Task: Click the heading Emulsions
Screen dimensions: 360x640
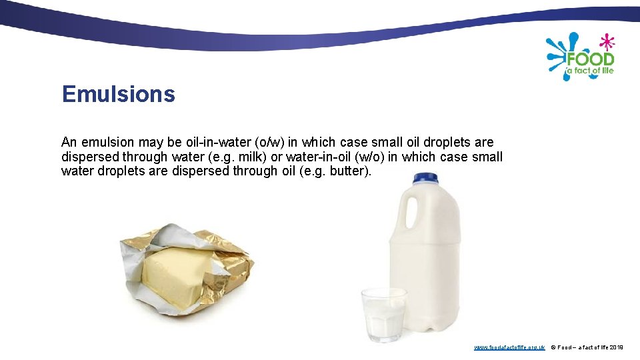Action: pyautogui.click(x=118, y=94)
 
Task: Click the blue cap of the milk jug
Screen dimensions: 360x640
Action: pyautogui.click(x=425, y=178)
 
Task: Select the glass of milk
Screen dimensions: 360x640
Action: pyautogui.click(x=383, y=313)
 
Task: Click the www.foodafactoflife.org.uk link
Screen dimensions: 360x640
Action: pyautogui.click(x=509, y=347)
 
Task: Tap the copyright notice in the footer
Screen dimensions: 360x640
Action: pyautogui.click(x=587, y=347)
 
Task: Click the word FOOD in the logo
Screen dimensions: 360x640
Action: pyautogui.click(x=590, y=59)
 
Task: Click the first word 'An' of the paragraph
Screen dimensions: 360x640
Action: pyautogui.click(x=69, y=142)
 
